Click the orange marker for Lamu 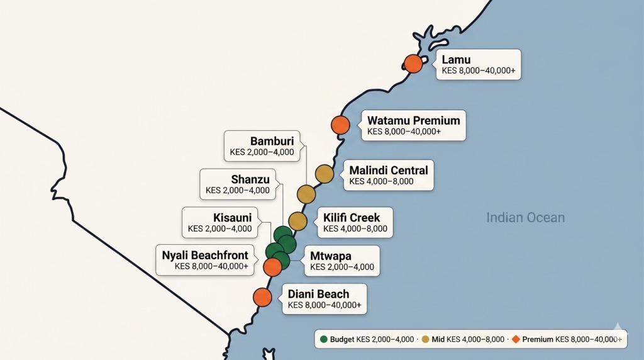[413, 64]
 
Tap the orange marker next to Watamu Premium [340, 125]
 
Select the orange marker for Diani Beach [262, 297]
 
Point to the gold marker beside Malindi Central [324, 173]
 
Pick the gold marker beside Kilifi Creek [297, 221]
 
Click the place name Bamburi [272, 141]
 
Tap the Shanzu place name [250, 179]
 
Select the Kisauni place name [232, 218]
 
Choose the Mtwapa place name [331, 256]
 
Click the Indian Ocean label [525, 218]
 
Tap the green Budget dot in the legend [323, 339]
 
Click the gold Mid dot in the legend [425, 339]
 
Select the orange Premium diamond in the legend [516, 339]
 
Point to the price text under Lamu [479, 71]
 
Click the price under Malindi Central [381, 181]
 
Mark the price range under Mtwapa [342, 267]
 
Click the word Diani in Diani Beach [301, 293]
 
